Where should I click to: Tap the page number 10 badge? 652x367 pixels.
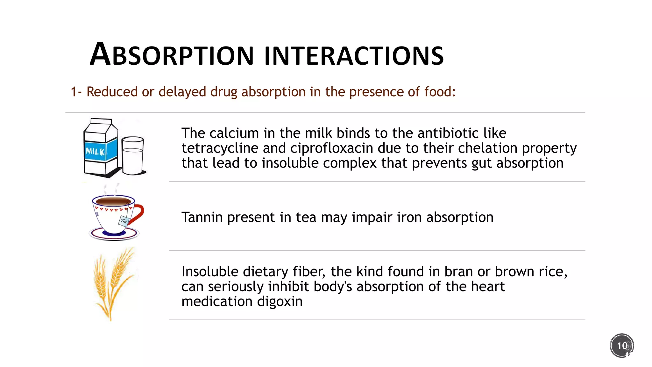[622, 346]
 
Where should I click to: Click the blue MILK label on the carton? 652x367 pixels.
[96, 152]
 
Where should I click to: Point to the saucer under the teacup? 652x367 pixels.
[114, 234]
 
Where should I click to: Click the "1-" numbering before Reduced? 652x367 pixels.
[76, 92]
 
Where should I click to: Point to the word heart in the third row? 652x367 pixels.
[488, 286]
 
